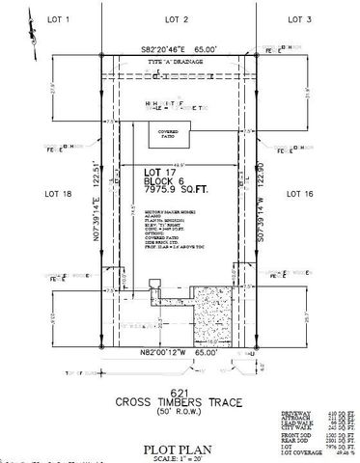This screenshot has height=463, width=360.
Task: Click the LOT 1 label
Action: (49, 18)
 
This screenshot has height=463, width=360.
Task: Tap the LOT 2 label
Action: (176, 18)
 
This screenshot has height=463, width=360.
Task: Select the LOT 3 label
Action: (301, 18)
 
